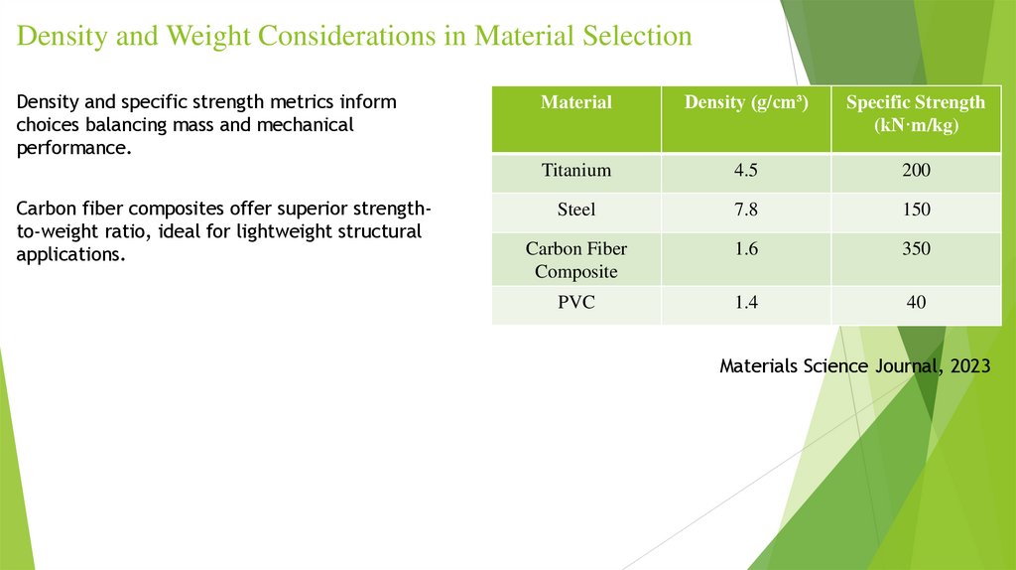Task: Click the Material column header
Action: click(575, 102)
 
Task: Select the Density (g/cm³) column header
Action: click(745, 102)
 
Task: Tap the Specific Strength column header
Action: click(916, 114)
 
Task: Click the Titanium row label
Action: click(575, 171)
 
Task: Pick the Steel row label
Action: click(575, 210)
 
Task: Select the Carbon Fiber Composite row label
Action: click(575, 259)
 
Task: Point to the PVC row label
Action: click(575, 303)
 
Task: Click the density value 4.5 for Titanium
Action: click(746, 171)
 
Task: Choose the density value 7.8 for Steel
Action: click(746, 210)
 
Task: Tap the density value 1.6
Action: click(746, 249)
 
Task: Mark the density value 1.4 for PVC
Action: click(746, 303)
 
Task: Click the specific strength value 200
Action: click(916, 171)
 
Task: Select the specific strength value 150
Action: click(916, 210)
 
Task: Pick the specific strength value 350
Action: click(916, 249)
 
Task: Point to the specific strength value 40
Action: click(916, 303)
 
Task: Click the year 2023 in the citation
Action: click(969, 366)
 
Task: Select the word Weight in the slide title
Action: click(210, 37)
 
